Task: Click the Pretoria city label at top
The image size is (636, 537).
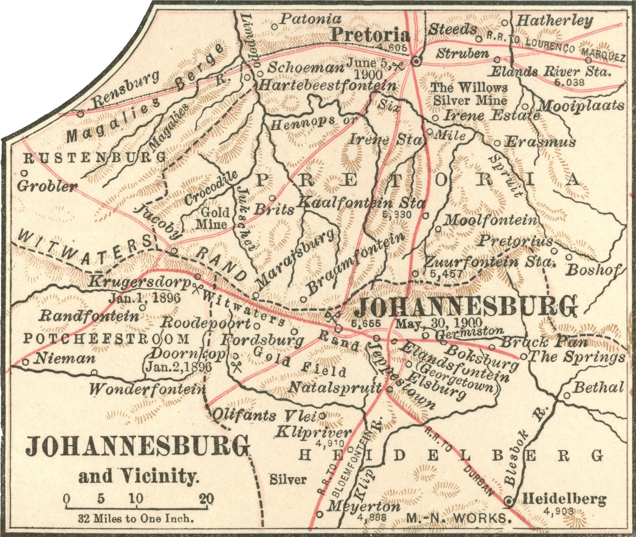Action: pyautogui.click(x=370, y=35)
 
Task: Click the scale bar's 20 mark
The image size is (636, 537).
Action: pyautogui.click(x=207, y=498)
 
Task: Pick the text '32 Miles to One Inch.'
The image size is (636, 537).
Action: pyautogui.click(x=136, y=519)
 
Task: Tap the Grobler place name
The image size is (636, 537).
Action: pyautogui.click(x=47, y=186)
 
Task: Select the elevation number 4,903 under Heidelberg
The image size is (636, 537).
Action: pyautogui.click(x=560, y=511)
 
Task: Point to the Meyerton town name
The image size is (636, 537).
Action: pyautogui.click(x=364, y=506)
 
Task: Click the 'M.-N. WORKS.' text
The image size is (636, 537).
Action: pyautogui.click(x=458, y=518)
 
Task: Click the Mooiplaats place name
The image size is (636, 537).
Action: pyautogui.click(x=581, y=105)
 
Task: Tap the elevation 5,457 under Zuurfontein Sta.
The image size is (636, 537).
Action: pyautogui.click(x=444, y=274)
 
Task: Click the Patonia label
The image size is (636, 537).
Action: pyautogui.click(x=311, y=19)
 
